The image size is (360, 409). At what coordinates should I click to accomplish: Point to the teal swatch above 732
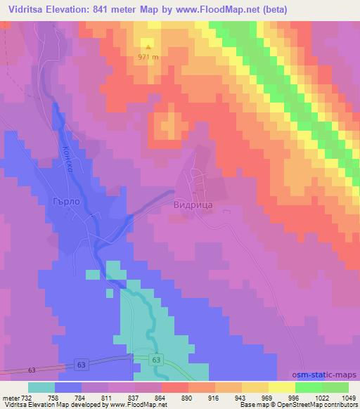click(41, 387)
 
